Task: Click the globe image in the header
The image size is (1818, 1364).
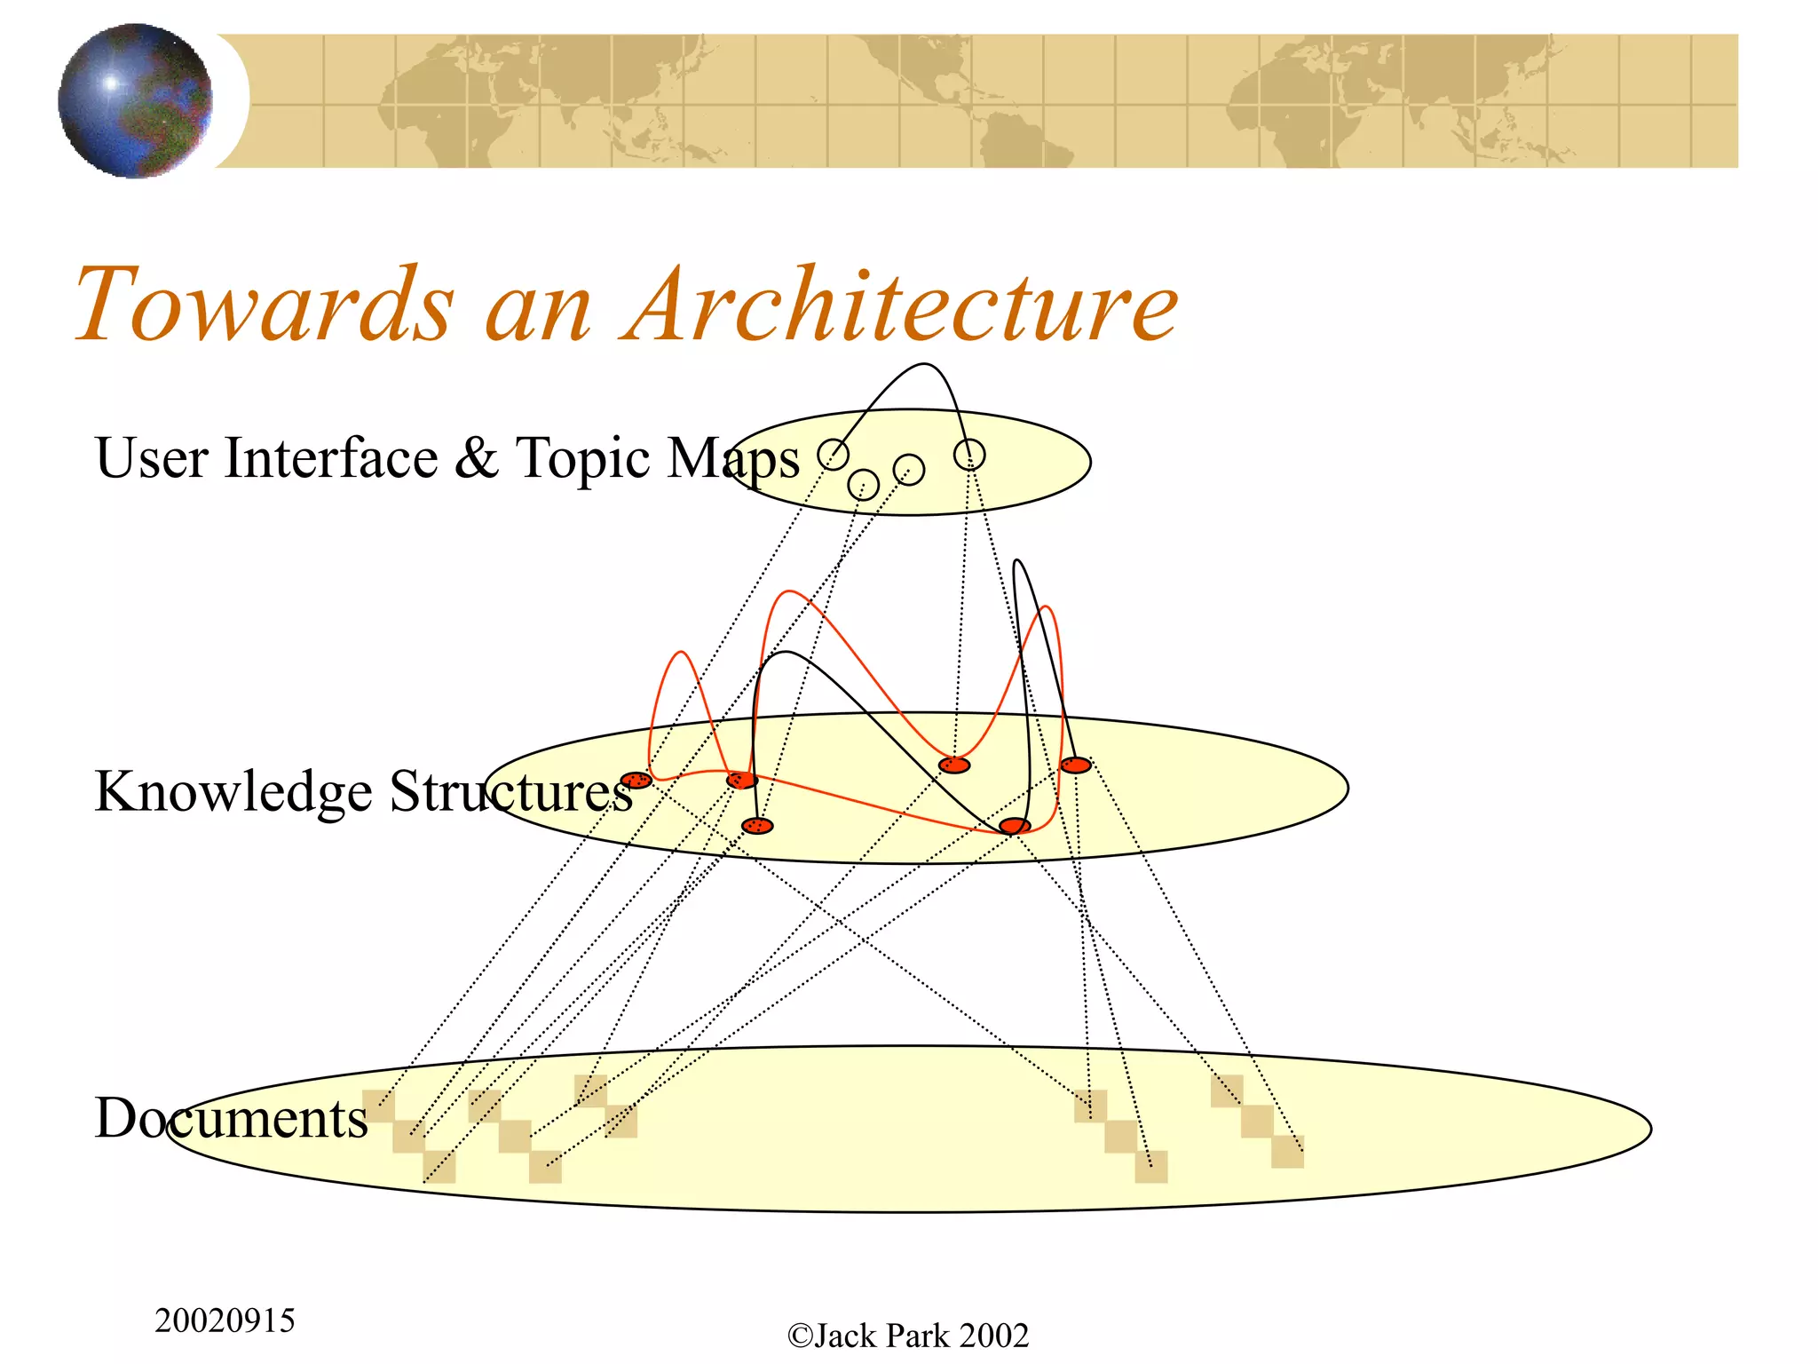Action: pyautogui.click(x=135, y=100)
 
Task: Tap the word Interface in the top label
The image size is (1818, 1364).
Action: pyautogui.click(x=331, y=458)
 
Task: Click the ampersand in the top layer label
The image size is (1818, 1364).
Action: pyautogui.click(x=477, y=458)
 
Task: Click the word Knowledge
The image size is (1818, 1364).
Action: pyautogui.click(x=233, y=791)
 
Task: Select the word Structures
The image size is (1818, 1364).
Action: pyautogui.click(x=510, y=791)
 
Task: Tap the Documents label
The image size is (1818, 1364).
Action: pyautogui.click(x=231, y=1118)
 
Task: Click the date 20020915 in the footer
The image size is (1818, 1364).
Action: pyautogui.click(x=225, y=1320)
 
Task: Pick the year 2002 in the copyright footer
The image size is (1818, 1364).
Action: pyautogui.click(x=993, y=1336)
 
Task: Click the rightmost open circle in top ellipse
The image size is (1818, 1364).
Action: pyautogui.click(x=969, y=455)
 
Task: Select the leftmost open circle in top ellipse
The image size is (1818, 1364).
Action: pyautogui.click(x=833, y=455)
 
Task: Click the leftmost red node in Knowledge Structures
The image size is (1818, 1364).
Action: pyautogui.click(x=636, y=781)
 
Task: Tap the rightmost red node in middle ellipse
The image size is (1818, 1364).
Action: pyautogui.click(x=1076, y=765)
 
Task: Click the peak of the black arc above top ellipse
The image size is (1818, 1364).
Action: pyautogui.click(x=923, y=364)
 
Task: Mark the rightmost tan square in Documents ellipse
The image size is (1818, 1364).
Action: pyautogui.click(x=1287, y=1152)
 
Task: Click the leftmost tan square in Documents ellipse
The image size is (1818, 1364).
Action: pyautogui.click(x=378, y=1105)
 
